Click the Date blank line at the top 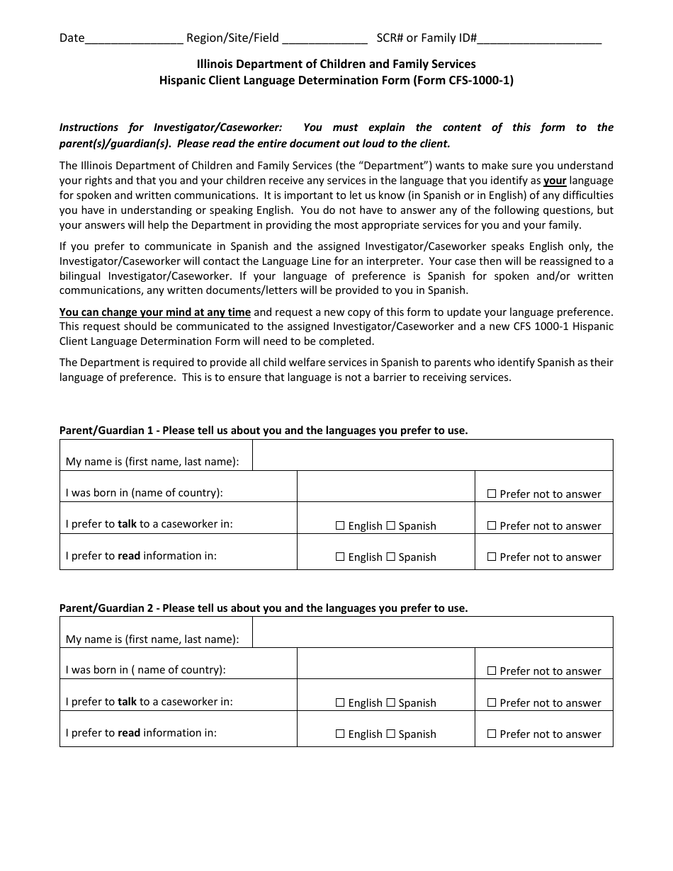tap(134, 38)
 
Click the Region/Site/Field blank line tap(324, 38)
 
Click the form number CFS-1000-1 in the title tap(478, 80)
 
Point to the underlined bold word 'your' tap(555, 181)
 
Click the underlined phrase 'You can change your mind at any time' tap(155, 312)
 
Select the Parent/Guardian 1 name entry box tap(432, 455)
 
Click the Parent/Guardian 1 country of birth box tap(385, 486)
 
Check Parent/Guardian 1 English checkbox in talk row tap(340, 525)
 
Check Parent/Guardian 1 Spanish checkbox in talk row tap(390, 525)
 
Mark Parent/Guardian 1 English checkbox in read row tap(340, 557)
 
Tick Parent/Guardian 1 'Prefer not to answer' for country tap(492, 494)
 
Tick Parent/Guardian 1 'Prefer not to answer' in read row tap(492, 557)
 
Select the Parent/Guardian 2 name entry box tap(432, 632)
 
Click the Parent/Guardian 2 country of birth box tap(385, 664)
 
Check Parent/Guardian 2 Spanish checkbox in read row tap(390, 734)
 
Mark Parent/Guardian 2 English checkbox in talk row tap(340, 702)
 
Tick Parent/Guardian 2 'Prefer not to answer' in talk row tap(492, 702)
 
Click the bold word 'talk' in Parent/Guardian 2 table tap(127, 701)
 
